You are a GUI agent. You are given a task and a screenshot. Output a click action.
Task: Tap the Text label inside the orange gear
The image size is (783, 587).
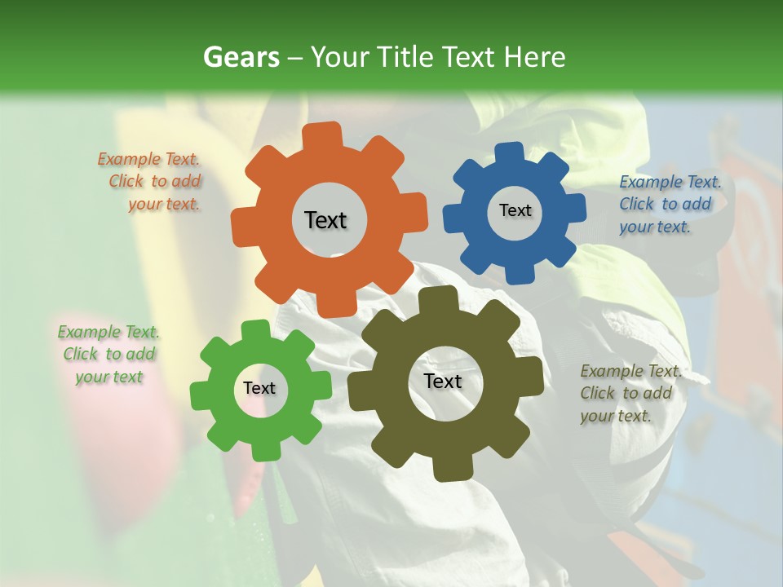325,220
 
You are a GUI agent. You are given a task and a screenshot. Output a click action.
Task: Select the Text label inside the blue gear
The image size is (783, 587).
515,210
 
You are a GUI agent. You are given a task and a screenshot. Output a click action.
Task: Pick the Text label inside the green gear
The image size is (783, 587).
259,389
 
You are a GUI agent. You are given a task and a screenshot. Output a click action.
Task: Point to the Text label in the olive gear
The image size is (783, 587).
442,382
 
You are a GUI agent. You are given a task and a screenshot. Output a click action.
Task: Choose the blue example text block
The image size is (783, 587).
669,205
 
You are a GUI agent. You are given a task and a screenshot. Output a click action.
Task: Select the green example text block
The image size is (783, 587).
109,355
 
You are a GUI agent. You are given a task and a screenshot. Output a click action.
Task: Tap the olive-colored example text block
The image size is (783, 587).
630,393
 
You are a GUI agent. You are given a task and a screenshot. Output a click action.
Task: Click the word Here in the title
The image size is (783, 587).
534,57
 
